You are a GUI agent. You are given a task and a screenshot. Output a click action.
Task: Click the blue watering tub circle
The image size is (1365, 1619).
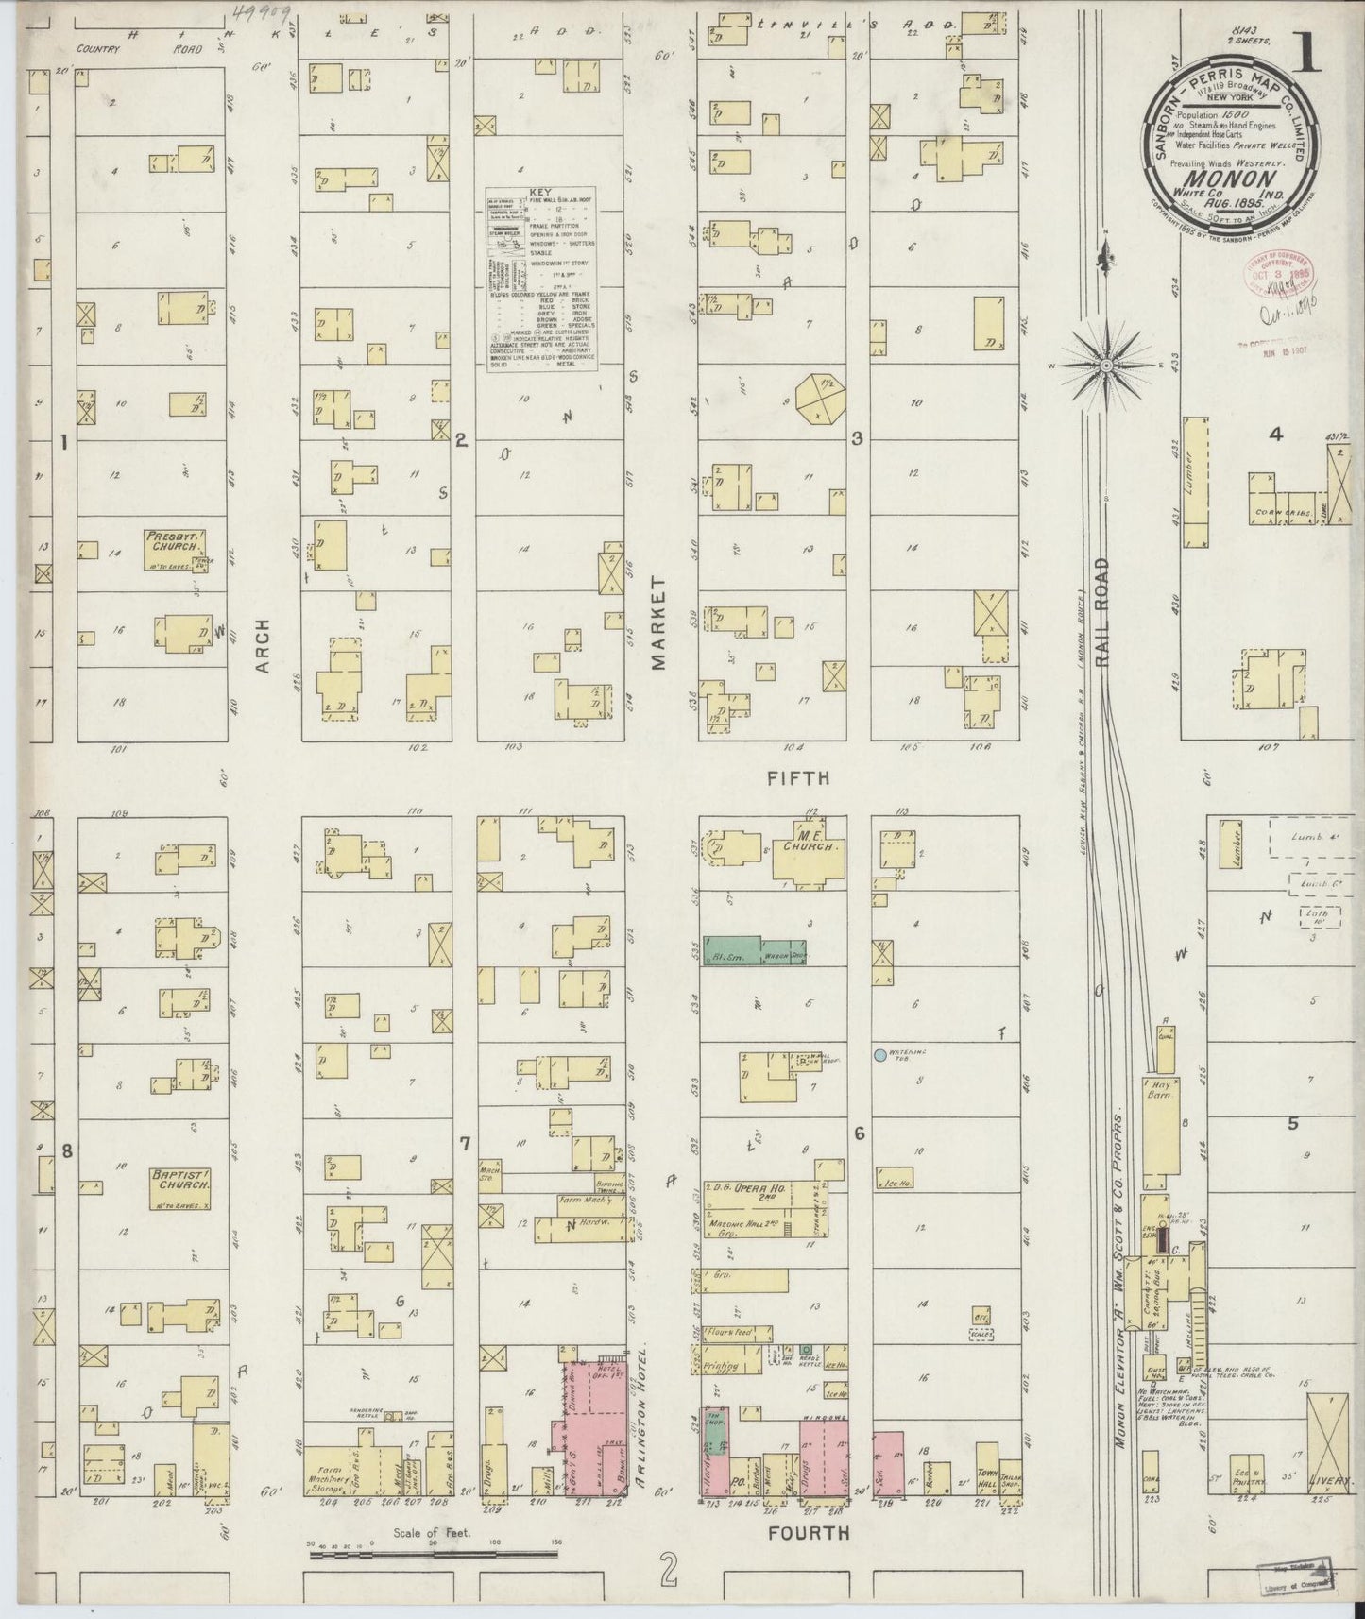pos(879,1054)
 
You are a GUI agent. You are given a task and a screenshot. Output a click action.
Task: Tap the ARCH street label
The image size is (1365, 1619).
pos(263,646)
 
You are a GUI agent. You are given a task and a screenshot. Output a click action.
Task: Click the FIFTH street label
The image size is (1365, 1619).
pos(796,778)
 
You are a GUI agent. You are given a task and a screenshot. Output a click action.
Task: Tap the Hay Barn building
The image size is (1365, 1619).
pos(1159,1096)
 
